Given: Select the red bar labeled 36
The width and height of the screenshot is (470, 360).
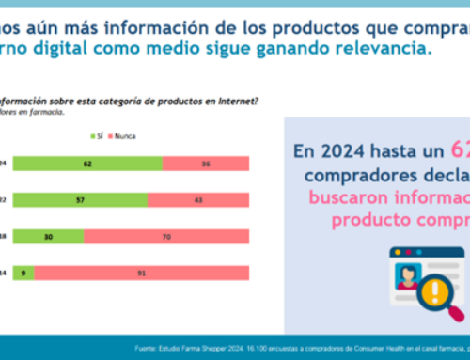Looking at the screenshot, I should click(207, 163).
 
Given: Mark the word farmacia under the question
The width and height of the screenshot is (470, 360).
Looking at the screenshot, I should click(48, 111).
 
